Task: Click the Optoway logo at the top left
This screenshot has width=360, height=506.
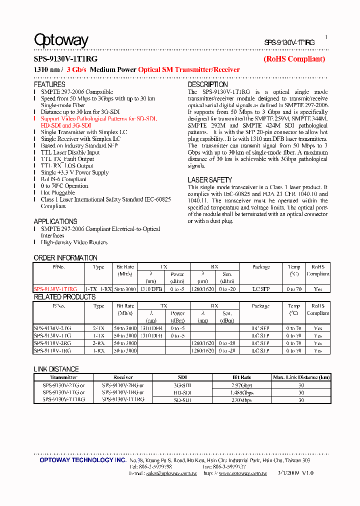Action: [61, 40]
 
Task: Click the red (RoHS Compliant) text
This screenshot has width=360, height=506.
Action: [294, 59]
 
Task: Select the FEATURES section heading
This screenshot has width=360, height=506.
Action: [49, 84]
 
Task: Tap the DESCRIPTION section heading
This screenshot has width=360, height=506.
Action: [207, 84]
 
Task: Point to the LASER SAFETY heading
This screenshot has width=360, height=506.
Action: [210, 179]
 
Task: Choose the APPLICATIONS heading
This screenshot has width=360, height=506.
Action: [55, 221]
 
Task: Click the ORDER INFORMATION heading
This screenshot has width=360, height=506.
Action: [65, 257]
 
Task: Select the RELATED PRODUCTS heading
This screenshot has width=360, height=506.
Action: [64, 296]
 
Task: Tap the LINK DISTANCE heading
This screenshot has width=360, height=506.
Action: [56, 369]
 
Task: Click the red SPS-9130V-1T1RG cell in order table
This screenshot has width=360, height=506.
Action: [55, 289]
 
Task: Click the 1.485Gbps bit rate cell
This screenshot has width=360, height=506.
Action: [242, 393]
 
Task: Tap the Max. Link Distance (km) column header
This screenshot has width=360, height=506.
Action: [301, 377]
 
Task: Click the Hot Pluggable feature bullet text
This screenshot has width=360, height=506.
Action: [58, 192]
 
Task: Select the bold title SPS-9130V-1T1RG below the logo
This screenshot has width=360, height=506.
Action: [65, 59]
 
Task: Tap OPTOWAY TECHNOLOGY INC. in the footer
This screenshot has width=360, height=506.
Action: [83, 460]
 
